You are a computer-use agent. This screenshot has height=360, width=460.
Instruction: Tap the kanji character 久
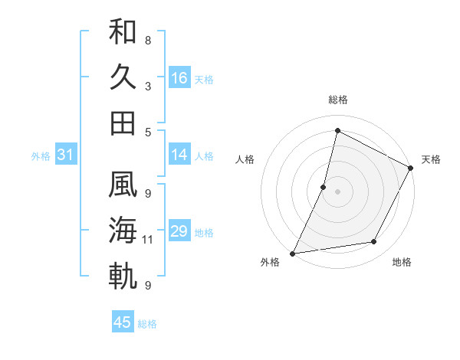click(x=123, y=78)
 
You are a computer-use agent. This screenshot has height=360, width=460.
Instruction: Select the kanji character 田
click(x=123, y=123)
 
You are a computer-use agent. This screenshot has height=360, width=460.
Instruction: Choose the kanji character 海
click(x=123, y=230)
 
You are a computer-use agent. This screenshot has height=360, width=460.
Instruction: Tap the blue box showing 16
click(x=179, y=78)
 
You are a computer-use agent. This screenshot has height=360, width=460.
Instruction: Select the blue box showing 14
click(x=179, y=155)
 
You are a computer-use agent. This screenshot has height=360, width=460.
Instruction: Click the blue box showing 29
click(x=179, y=231)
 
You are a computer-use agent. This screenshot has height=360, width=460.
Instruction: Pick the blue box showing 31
click(x=65, y=155)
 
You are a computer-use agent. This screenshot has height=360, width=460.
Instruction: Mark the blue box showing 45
click(x=123, y=322)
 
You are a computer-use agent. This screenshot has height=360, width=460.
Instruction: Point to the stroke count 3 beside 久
click(x=148, y=87)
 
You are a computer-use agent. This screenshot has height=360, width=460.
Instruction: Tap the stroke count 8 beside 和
click(x=148, y=40)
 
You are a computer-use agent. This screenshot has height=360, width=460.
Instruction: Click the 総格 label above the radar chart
click(x=337, y=100)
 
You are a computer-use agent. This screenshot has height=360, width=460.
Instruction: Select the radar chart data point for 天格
click(x=411, y=169)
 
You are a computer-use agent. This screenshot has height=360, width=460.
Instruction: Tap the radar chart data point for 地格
click(x=374, y=242)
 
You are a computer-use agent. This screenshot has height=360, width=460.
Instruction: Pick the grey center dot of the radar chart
click(x=337, y=191)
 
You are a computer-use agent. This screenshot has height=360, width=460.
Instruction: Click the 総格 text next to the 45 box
click(x=147, y=324)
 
